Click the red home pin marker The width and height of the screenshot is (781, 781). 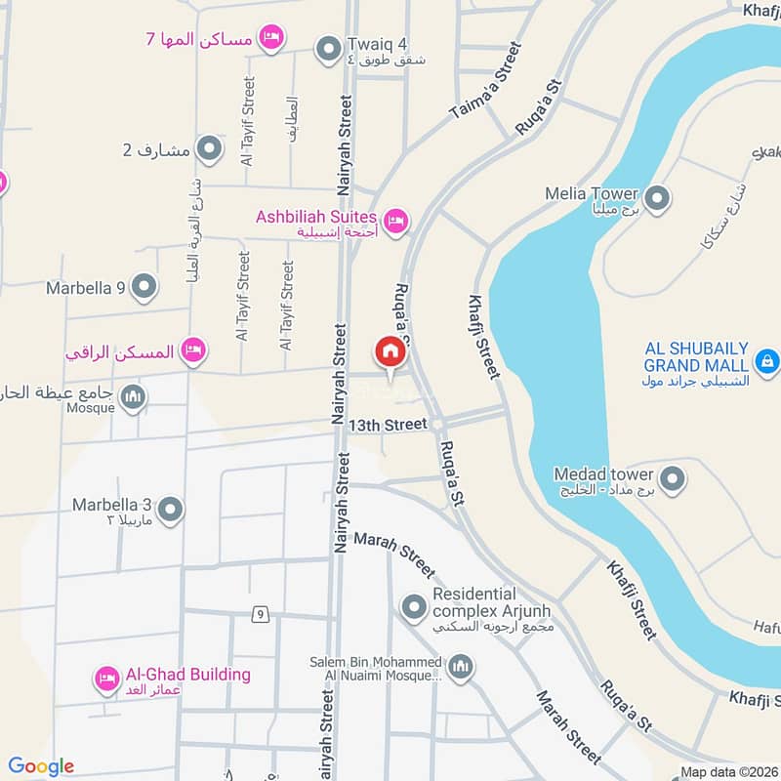tap(389, 352)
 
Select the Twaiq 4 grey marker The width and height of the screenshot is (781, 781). tap(326, 47)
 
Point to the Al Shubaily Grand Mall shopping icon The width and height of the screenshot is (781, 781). tap(767, 361)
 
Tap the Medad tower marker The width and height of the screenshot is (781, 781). tap(672, 479)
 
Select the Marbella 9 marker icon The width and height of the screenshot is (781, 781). tap(144, 288)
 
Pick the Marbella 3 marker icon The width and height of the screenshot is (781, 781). tap(171, 511)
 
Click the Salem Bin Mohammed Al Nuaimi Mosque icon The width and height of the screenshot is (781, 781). tap(461, 669)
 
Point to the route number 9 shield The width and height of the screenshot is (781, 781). tap(259, 614)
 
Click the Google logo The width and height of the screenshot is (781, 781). tap(41, 766)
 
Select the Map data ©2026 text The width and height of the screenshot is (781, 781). tap(727, 771)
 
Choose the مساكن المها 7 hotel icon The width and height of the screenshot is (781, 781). tap(272, 37)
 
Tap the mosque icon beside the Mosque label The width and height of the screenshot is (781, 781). tap(135, 396)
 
